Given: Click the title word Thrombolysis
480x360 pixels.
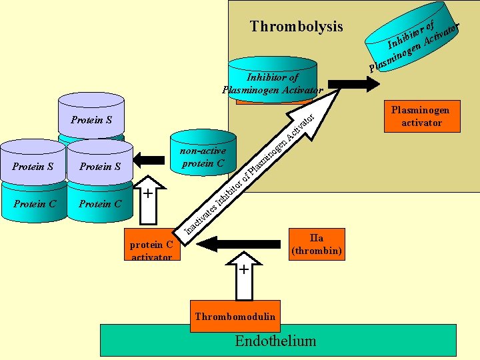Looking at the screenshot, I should (x=296, y=27).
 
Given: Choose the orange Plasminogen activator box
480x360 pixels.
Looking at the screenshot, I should (x=421, y=116).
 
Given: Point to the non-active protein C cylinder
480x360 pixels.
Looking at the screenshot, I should (x=203, y=157).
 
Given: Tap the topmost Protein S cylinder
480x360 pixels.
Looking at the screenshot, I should (x=91, y=117).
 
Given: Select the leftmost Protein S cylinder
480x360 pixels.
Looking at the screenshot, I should (x=33, y=163).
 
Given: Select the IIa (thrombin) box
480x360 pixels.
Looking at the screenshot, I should (x=317, y=245).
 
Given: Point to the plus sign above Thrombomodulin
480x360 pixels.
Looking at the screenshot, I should (x=245, y=269).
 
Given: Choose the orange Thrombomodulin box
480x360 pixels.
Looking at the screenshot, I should (x=235, y=316).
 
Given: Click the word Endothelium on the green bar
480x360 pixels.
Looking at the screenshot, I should (x=275, y=341).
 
